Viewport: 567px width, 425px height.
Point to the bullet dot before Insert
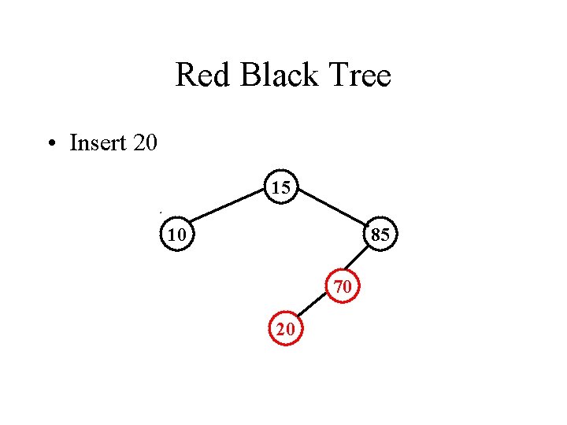point(50,144)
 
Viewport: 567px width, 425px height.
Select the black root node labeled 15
point(281,187)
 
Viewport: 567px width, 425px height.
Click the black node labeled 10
point(177,234)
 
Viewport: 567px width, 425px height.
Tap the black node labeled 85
point(380,234)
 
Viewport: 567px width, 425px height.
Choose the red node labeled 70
point(343,287)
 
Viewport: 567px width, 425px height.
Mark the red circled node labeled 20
point(286,331)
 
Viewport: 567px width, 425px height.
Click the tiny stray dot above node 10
point(160,213)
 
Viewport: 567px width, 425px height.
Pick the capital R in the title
point(185,76)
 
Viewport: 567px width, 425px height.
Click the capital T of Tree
point(334,76)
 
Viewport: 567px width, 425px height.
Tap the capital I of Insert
point(73,143)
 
